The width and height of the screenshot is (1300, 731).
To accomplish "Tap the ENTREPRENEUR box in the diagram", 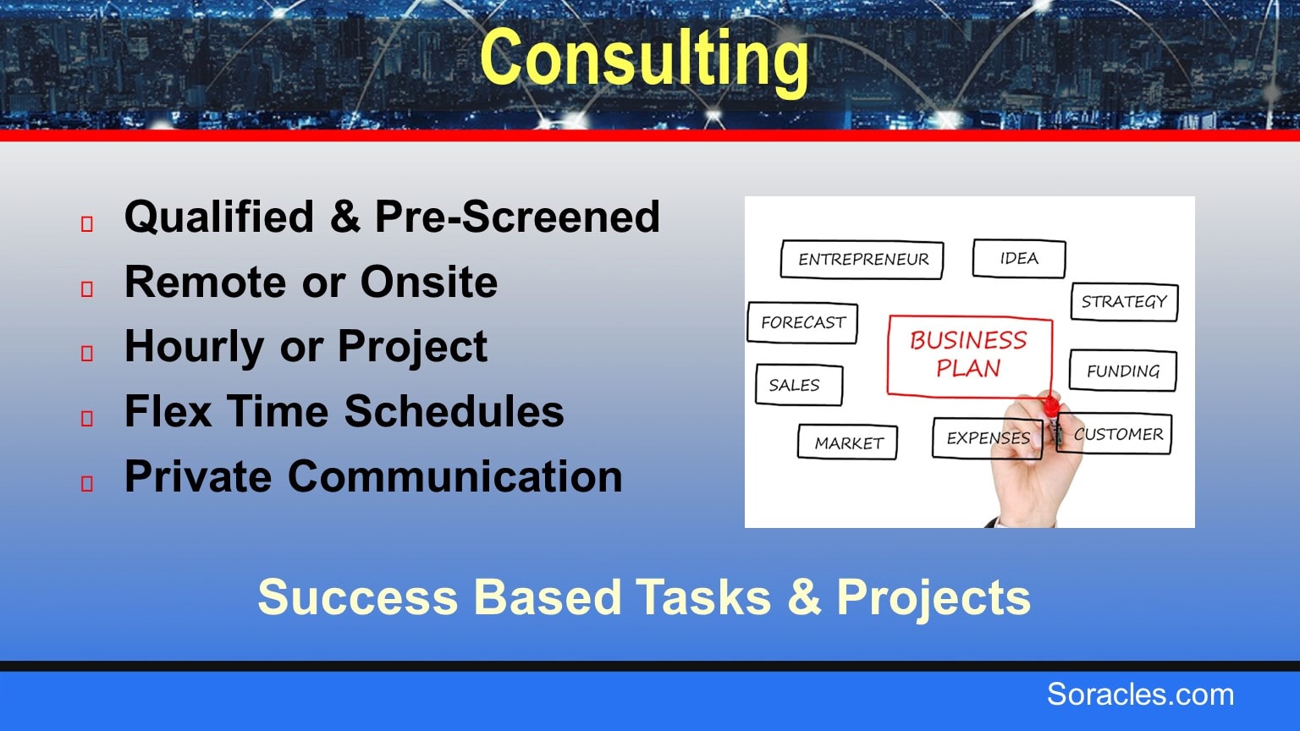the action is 862,260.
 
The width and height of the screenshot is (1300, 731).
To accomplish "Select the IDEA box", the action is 1019,258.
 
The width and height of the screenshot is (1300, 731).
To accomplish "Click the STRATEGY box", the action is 1124,302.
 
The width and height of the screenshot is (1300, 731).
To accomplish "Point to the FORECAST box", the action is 802,322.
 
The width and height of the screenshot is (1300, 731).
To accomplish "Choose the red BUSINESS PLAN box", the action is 969,355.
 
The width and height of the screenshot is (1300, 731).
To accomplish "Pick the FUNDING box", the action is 1123,371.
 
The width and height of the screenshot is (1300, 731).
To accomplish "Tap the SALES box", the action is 799,385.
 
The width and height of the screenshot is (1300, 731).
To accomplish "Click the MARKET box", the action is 848,442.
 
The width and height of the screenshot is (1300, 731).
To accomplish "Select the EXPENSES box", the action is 988,438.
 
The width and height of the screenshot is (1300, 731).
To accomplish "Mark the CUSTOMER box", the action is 1115,433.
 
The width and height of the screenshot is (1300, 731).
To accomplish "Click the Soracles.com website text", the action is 1140,695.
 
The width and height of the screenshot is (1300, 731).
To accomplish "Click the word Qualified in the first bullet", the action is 219,217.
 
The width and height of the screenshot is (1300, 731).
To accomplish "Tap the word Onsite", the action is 429,282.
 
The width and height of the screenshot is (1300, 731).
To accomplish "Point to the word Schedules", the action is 454,410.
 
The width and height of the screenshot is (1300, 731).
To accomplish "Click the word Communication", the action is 455,475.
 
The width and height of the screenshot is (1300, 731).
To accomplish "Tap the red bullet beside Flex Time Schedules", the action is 87,418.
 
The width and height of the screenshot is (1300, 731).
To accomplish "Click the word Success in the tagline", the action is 358,597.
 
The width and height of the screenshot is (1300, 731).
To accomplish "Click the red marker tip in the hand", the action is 1050,404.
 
